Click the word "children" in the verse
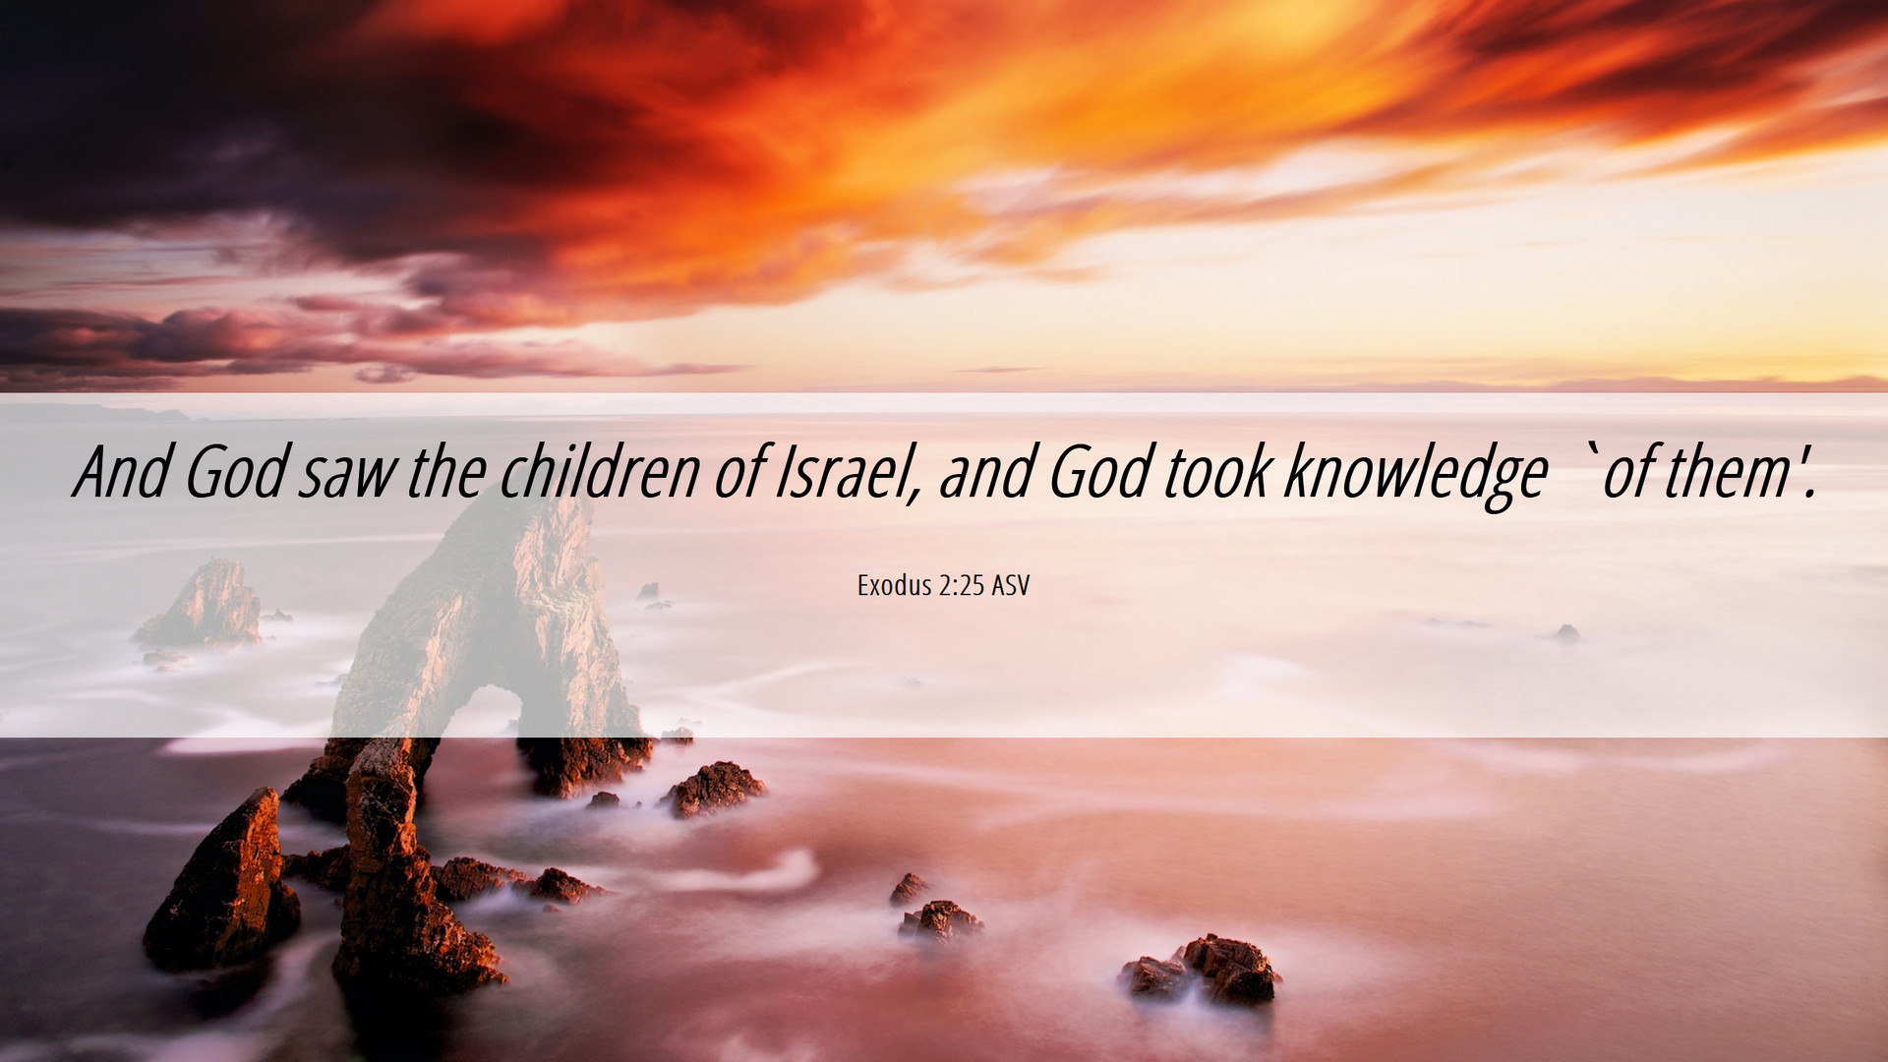(600, 472)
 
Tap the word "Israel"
(846, 472)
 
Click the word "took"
(1217, 472)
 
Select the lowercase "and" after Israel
(986, 472)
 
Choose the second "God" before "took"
(1099, 472)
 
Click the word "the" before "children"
(446, 472)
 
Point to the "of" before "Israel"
(738, 472)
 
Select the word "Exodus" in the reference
(894, 586)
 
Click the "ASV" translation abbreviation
(1010, 586)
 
